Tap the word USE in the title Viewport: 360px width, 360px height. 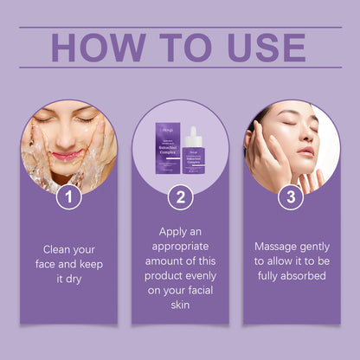pos(260,48)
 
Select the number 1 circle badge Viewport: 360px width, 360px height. pos(68,197)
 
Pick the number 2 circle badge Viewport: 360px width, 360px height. pos(180,197)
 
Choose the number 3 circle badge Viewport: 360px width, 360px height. pos(291,197)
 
